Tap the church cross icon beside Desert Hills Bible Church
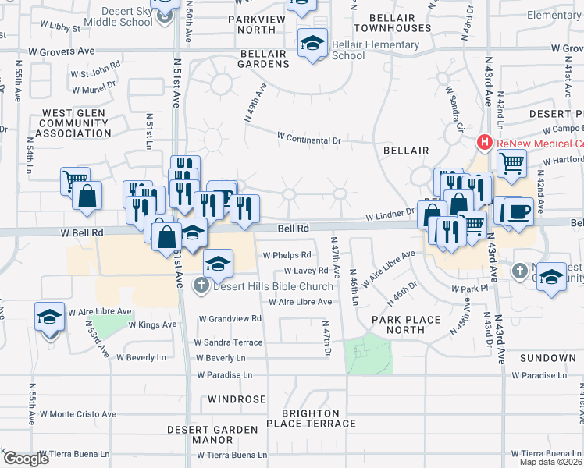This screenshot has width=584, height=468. click(201, 285)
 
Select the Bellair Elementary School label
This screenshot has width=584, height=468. click(375, 51)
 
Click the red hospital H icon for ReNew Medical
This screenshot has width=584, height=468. click(485, 143)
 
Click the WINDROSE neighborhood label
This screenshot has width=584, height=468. click(237, 399)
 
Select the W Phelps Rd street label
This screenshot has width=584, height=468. click(287, 255)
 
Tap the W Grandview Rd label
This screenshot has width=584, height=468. click(230, 319)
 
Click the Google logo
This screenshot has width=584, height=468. click(25, 459)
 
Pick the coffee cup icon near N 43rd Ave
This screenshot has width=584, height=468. click(519, 211)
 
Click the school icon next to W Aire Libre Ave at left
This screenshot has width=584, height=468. click(49, 317)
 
